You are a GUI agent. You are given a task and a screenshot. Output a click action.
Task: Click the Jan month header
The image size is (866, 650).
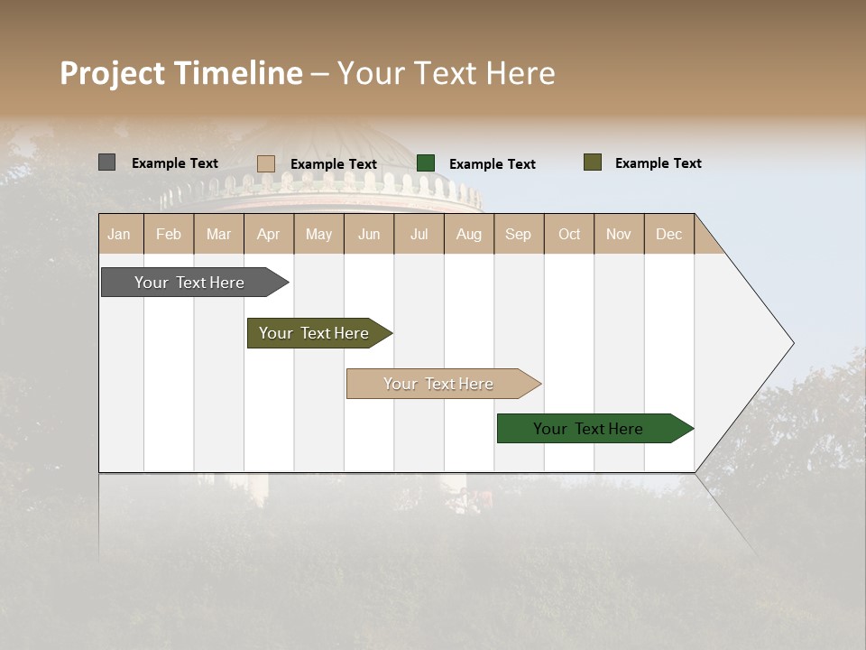120,234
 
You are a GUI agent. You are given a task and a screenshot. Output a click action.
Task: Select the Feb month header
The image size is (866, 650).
169,234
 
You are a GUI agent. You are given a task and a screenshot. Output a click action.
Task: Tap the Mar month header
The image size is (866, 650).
218,234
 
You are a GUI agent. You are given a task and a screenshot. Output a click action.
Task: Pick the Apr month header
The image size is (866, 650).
269,234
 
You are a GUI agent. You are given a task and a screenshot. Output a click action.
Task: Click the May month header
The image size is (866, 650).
318,234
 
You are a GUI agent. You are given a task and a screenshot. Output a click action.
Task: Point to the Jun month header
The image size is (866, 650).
369,234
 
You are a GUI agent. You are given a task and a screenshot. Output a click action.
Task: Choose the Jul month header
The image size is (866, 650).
419,234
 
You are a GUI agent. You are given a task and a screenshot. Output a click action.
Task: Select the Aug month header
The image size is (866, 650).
469,234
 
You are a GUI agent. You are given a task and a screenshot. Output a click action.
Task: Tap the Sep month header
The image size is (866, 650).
519,234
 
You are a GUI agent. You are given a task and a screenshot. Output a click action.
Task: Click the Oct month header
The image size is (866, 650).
569,234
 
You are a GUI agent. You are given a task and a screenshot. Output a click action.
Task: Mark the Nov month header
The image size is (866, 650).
619,234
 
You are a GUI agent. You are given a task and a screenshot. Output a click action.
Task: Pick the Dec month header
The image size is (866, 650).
669,234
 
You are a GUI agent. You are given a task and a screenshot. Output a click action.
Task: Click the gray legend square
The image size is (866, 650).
106,162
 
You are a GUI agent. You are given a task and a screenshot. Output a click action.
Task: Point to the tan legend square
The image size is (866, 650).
265,163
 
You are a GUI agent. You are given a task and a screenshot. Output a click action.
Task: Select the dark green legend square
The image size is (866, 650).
426,163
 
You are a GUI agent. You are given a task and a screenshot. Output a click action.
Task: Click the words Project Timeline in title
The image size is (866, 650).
181,73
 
